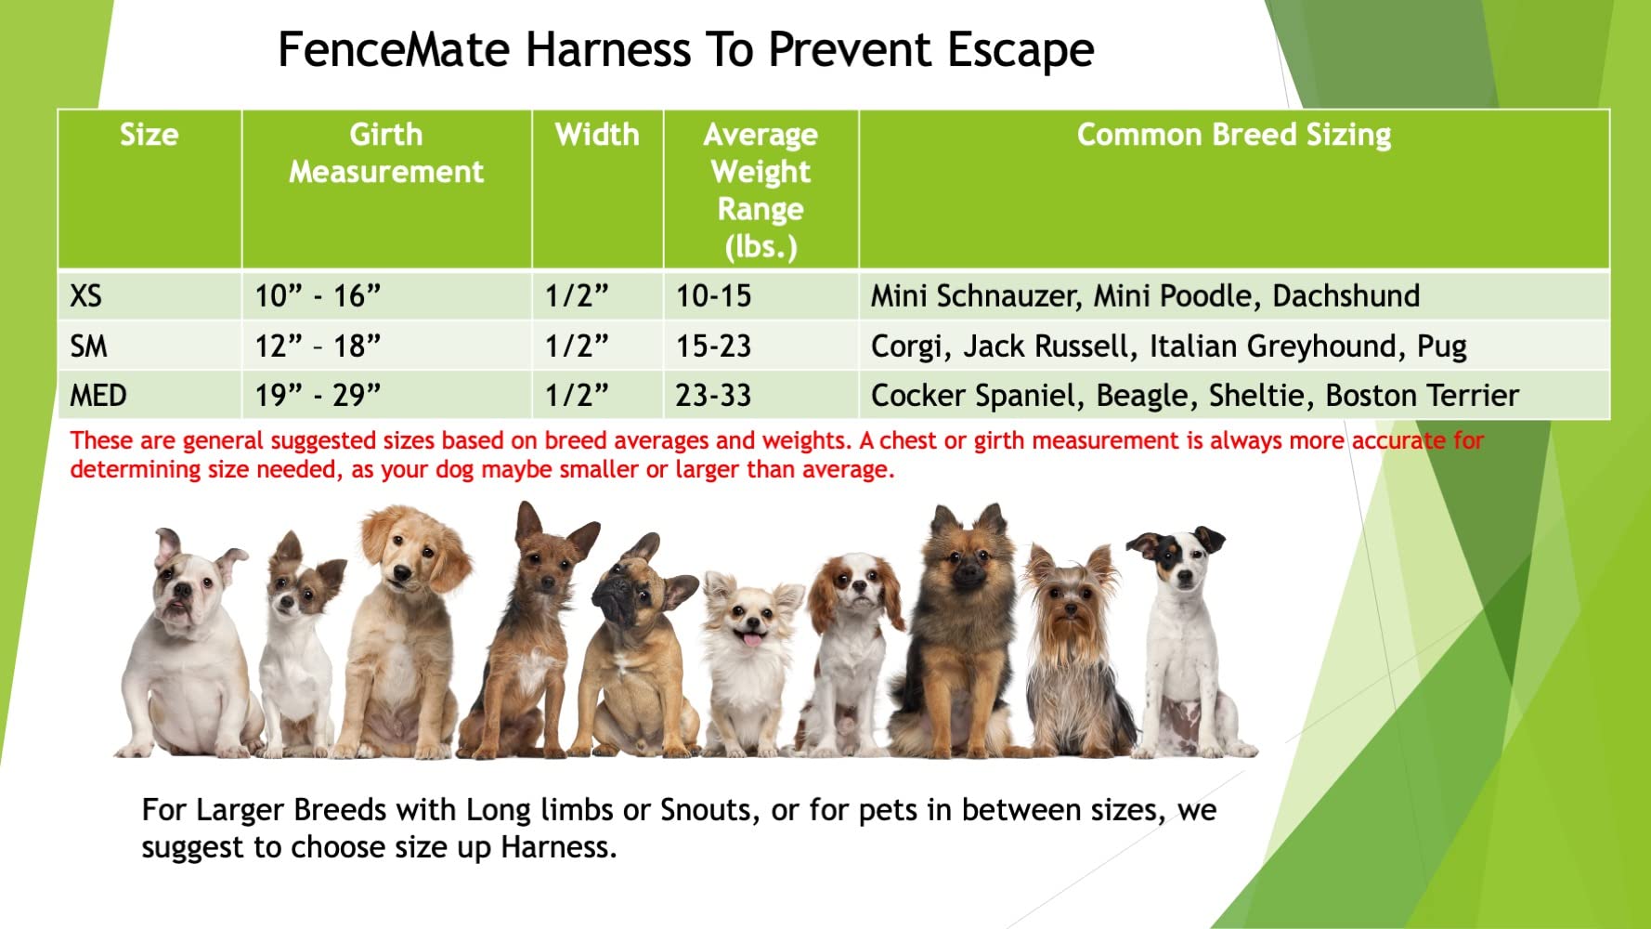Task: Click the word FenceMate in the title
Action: (393, 50)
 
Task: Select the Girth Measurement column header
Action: (386, 153)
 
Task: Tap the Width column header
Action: (597, 135)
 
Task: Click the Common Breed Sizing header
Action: (1233, 135)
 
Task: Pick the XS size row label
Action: (85, 296)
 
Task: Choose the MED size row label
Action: (97, 396)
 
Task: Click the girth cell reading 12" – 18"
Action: (318, 347)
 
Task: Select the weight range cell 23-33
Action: (713, 396)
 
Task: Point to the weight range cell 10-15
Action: (713, 296)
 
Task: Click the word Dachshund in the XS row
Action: (1345, 296)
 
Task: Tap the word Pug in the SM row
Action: (1441, 347)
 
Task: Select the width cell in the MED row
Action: (576, 396)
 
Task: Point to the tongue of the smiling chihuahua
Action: (750, 638)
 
